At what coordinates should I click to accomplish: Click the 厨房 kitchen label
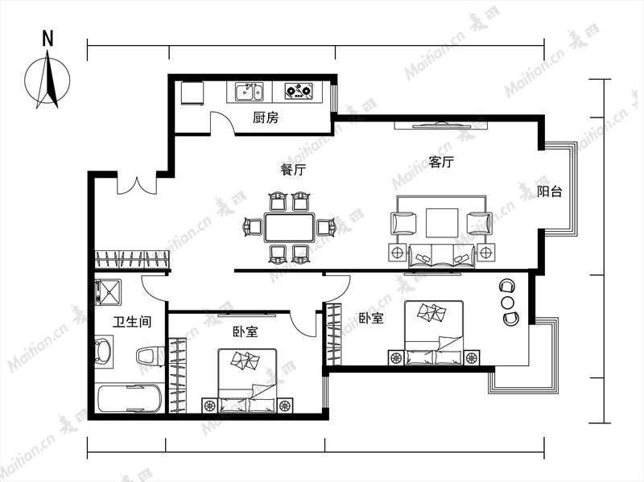(x=266, y=117)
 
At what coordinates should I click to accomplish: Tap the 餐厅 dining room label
(x=293, y=169)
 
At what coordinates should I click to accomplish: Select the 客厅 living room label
(x=441, y=162)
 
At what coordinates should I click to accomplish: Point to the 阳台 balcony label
(x=550, y=191)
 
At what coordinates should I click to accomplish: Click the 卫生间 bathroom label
(x=132, y=321)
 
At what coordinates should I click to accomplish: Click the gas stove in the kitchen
(x=299, y=91)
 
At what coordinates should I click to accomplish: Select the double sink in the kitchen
(x=250, y=92)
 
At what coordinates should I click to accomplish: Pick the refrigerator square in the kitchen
(x=192, y=93)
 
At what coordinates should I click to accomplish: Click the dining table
(x=290, y=227)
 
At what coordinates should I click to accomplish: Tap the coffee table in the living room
(x=442, y=223)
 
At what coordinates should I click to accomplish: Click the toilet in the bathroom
(x=151, y=356)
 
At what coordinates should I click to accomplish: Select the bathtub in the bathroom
(x=130, y=398)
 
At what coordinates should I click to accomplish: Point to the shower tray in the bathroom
(x=108, y=292)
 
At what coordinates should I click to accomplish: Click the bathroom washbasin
(x=104, y=352)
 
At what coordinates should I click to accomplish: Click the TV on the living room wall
(x=441, y=125)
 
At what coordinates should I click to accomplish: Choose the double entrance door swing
(x=137, y=185)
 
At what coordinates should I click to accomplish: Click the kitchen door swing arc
(x=222, y=122)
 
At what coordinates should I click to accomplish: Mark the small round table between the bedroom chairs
(x=508, y=303)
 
